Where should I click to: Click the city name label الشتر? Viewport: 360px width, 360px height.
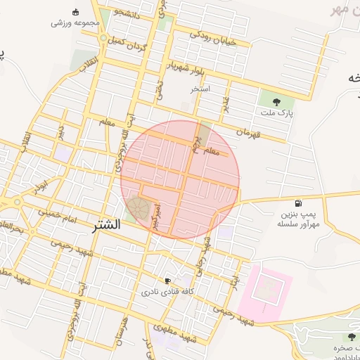point(106,226)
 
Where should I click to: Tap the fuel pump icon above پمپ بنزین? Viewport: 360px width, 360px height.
point(300,204)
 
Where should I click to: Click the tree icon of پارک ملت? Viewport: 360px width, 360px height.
point(275,101)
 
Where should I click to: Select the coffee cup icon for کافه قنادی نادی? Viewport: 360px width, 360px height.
point(167,281)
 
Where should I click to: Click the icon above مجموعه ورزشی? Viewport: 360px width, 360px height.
point(76,12)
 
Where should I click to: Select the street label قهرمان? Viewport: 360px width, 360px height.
point(248,132)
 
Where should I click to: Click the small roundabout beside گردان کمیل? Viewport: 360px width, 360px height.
point(103,38)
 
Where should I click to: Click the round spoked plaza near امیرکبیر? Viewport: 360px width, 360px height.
point(139,209)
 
